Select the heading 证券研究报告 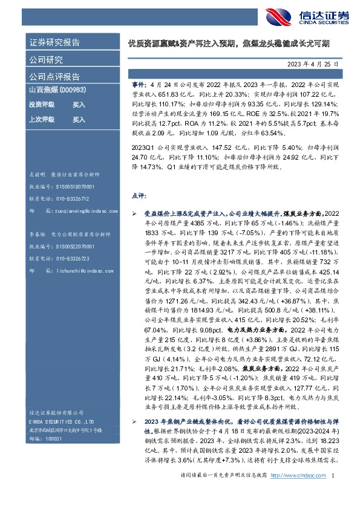(55, 43)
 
